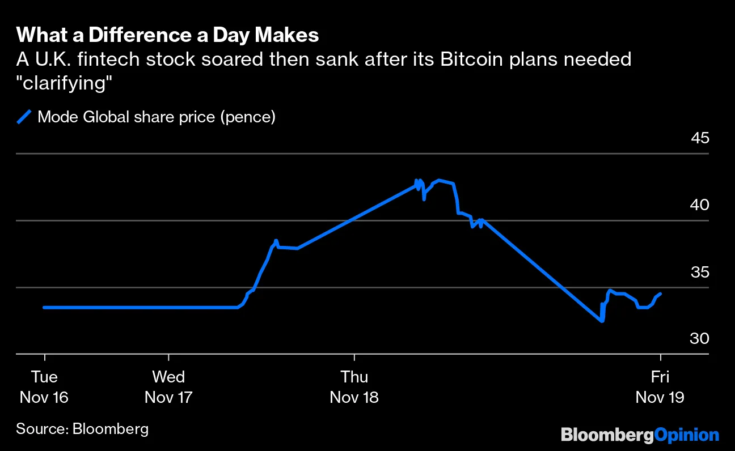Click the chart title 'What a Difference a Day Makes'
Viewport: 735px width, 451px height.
pos(167,36)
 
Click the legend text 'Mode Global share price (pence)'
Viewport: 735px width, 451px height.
pos(156,117)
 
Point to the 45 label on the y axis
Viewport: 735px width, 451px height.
pos(700,138)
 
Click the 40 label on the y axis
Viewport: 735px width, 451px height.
pos(700,205)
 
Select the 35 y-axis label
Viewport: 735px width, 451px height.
pos(700,271)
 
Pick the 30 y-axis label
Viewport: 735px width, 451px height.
pos(700,338)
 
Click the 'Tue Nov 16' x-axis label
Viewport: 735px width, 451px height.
pos(44,387)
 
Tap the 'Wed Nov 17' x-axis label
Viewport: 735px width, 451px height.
pos(169,387)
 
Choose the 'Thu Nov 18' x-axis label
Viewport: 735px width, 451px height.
pos(354,387)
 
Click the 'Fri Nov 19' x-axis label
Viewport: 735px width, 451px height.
pos(660,387)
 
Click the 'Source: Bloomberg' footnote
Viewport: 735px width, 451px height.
pos(82,429)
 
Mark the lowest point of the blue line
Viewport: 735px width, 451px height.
pos(602,321)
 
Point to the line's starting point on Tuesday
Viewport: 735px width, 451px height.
pos(44,308)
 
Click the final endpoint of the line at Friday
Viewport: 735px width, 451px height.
pos(661,293)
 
